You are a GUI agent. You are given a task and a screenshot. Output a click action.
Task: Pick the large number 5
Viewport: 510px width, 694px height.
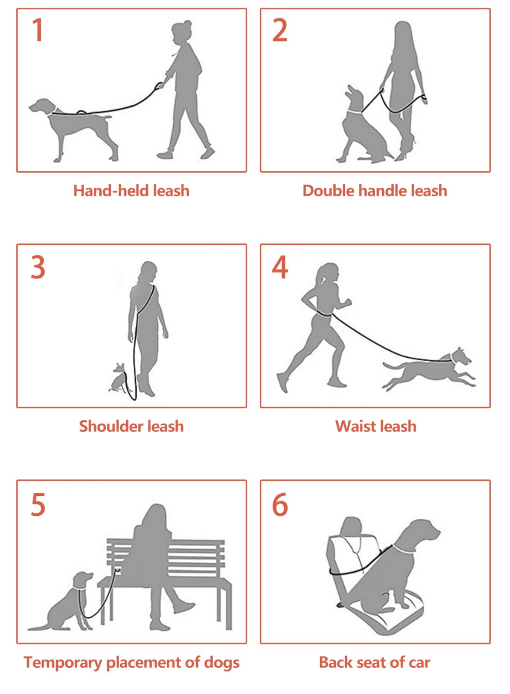click(38, 504)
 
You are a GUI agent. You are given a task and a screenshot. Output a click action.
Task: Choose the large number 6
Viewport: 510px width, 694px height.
click(280, 504)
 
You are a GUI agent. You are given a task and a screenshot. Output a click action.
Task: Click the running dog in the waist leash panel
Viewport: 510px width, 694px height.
click(429, 369)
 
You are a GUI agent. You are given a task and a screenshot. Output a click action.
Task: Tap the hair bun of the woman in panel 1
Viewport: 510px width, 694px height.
click(187, 24)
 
